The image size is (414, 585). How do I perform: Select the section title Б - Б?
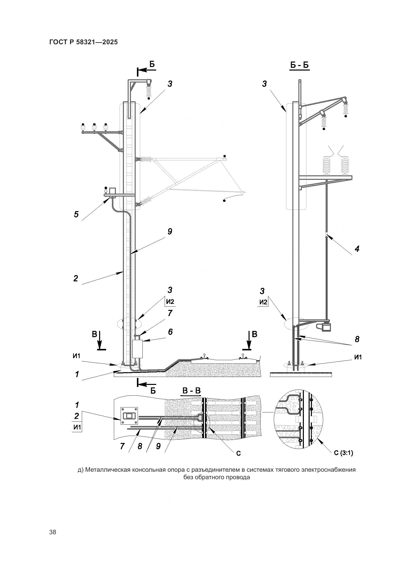[x=299, y=66]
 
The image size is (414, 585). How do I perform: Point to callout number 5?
[x=76, y=214]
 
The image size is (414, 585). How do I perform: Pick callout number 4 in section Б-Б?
[x=357, y=249]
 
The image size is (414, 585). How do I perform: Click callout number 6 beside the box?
[x=170, y=332]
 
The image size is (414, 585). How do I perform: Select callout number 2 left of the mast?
[x=75, y=278]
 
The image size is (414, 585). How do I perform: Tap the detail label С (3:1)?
[x=344, y=453]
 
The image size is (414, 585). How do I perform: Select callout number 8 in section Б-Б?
[x=357, y=339]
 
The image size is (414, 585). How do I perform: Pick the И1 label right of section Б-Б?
[x=358, y=357]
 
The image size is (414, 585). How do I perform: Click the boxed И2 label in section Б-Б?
[x=263, y=302]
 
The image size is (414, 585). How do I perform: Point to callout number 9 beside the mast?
[x=170, y=232]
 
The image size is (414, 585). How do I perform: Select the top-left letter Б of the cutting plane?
[x=152, y=64]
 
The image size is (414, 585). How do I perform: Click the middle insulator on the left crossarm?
[x=94, y=127]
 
